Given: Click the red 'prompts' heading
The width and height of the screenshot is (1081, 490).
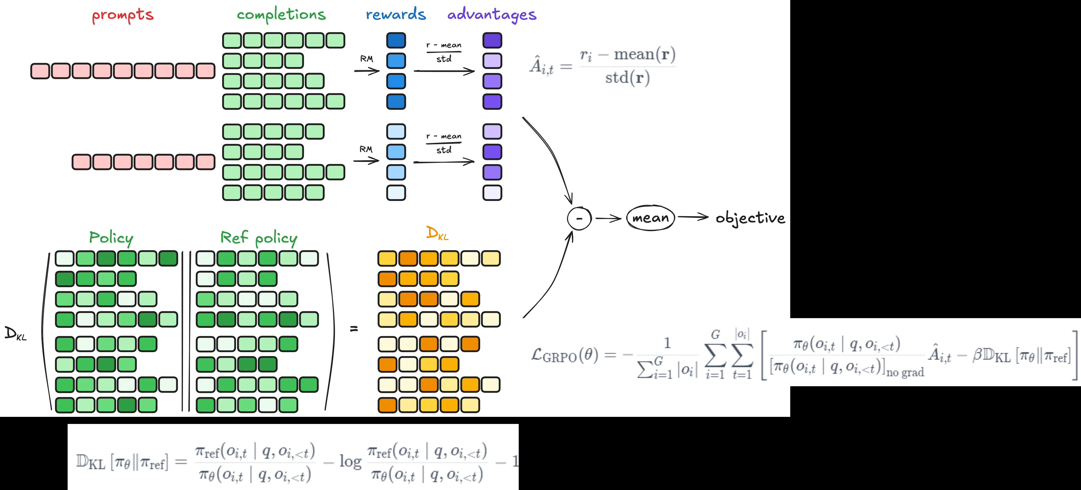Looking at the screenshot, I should [123, 15].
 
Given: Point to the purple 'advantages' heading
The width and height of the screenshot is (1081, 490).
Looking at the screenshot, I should [492, 15].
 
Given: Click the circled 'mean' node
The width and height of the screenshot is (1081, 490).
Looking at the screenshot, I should [650, 218].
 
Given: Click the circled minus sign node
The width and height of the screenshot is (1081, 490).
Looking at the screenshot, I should [579, 218].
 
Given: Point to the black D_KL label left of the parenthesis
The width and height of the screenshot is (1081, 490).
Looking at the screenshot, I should [15, 334].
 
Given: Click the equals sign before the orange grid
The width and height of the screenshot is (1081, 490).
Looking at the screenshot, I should [354, 329].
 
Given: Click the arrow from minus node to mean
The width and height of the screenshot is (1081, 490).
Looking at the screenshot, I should [608, 218].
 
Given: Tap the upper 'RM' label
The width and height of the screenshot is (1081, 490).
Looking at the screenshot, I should [366, 59].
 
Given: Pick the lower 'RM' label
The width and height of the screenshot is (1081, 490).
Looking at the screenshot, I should [366, 149].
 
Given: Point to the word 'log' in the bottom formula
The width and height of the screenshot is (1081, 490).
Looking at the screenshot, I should [350, 462].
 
